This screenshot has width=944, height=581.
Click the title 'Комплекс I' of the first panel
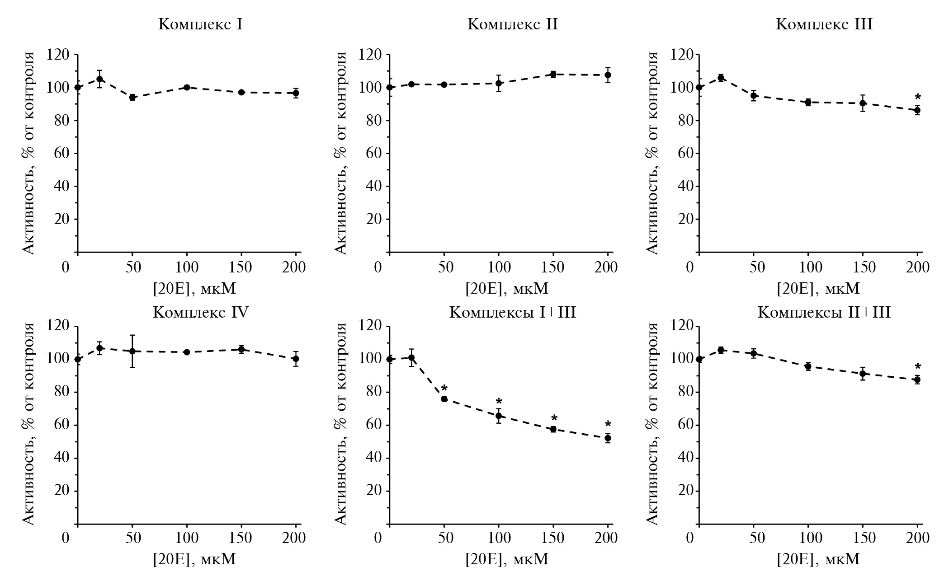click(200, 24)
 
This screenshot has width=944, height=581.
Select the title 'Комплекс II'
click(512, 24)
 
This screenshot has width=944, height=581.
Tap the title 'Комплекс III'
click(824, 24)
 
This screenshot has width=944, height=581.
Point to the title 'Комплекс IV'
click(200, 312)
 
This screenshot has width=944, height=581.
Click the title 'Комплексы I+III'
click(512, 312)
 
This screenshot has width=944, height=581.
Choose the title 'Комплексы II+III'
click(824, 312)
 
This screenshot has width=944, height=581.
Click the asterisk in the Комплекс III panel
click(917, 98)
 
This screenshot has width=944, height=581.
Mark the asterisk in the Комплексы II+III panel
click(917, 367)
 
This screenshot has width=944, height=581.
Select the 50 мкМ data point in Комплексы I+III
click(444, 398)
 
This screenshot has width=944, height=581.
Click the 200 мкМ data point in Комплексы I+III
click(608, 438)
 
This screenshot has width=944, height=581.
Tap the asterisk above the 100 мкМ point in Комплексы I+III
click(499, 402)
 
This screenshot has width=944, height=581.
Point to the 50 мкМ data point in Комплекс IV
click(132, 351)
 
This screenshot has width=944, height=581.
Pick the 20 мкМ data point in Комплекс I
click(99, 79)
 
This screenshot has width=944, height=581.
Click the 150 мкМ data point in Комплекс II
click(553, 74)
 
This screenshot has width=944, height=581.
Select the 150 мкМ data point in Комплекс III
click(863, 103)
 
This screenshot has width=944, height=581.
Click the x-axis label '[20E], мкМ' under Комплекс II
click(507, 288)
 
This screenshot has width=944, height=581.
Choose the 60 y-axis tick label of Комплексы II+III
click(686, 425)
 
